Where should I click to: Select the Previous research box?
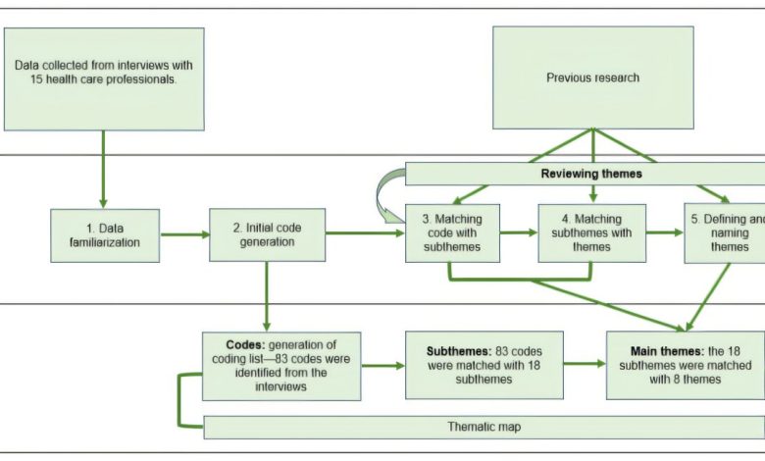tap(592, 77)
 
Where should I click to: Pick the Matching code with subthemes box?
tap(452, 232)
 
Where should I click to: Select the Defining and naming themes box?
tap(724, 232)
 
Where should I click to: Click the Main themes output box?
tap(671, 365)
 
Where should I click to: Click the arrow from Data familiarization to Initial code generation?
tap(184, 234)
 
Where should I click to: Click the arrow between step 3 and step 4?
tap(519, 233)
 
